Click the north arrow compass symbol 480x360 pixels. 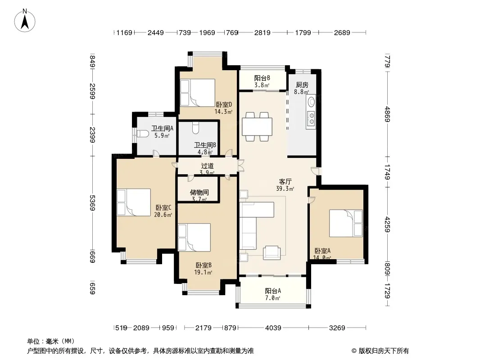25,21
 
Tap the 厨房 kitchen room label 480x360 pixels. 302,85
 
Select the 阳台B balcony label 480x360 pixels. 262,78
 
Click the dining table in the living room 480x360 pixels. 257,126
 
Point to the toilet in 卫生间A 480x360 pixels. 143,134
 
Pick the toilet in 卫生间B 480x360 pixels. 196,128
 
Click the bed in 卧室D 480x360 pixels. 198,93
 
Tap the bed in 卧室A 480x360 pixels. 346,223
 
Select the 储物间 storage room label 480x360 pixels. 199,193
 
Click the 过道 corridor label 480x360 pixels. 207,166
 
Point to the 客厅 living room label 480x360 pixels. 285,182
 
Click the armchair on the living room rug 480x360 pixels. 272,253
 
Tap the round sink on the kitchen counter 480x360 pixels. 312,101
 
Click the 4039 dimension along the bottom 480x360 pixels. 273,328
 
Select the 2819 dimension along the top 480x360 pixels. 263,32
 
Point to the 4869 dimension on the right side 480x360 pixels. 388,114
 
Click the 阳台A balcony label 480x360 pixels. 273,291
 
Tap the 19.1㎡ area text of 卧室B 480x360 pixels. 203,272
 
